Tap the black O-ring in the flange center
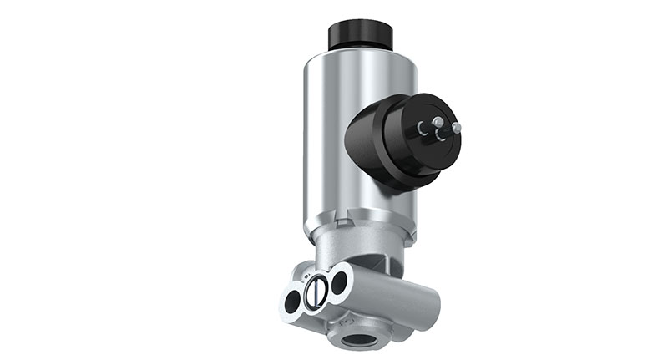pos(315,292)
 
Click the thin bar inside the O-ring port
pos(315,292)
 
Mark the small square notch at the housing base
pos(336,223)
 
